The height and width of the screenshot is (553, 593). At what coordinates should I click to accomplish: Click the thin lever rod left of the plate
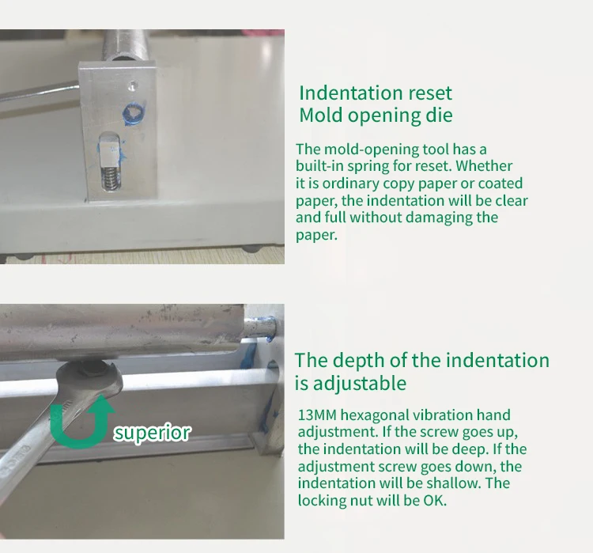36,93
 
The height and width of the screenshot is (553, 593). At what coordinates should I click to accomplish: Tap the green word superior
152,433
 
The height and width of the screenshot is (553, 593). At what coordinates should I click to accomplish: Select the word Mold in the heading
323,115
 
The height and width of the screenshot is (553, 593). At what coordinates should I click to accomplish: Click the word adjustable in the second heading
361,384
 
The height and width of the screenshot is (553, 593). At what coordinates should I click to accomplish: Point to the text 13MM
316,415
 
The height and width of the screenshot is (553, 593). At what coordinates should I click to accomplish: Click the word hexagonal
376,415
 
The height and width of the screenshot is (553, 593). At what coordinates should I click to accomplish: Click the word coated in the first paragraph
501,184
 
